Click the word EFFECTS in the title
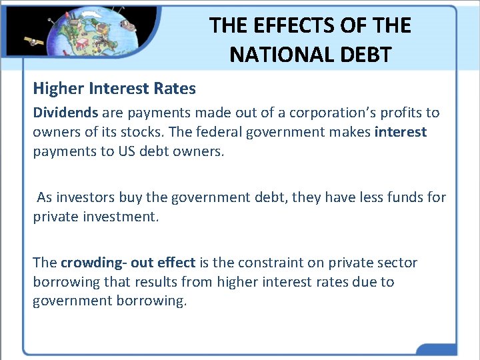tap(284, 26)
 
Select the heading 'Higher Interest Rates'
tap(114, 89)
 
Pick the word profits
tap(402, 113)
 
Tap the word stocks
tap(145, 132)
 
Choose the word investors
tap(85, 197)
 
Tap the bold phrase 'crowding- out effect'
tap(128, 263)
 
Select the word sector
tap(399, 263)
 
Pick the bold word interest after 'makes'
tap(400, 132)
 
